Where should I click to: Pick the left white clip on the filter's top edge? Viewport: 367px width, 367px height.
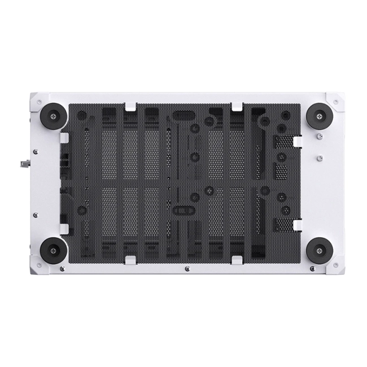130,106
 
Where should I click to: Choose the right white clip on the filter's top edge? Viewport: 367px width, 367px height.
237,106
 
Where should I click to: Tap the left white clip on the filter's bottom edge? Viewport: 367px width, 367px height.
130,259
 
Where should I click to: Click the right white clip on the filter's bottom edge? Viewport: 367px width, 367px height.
237,259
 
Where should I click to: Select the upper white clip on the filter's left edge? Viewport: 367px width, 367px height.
64,137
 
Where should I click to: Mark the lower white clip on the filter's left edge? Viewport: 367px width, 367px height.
64,228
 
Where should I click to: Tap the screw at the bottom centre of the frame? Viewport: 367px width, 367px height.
187,269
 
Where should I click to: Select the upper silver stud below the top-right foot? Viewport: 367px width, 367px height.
319,137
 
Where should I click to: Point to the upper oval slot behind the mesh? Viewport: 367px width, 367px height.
182,116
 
